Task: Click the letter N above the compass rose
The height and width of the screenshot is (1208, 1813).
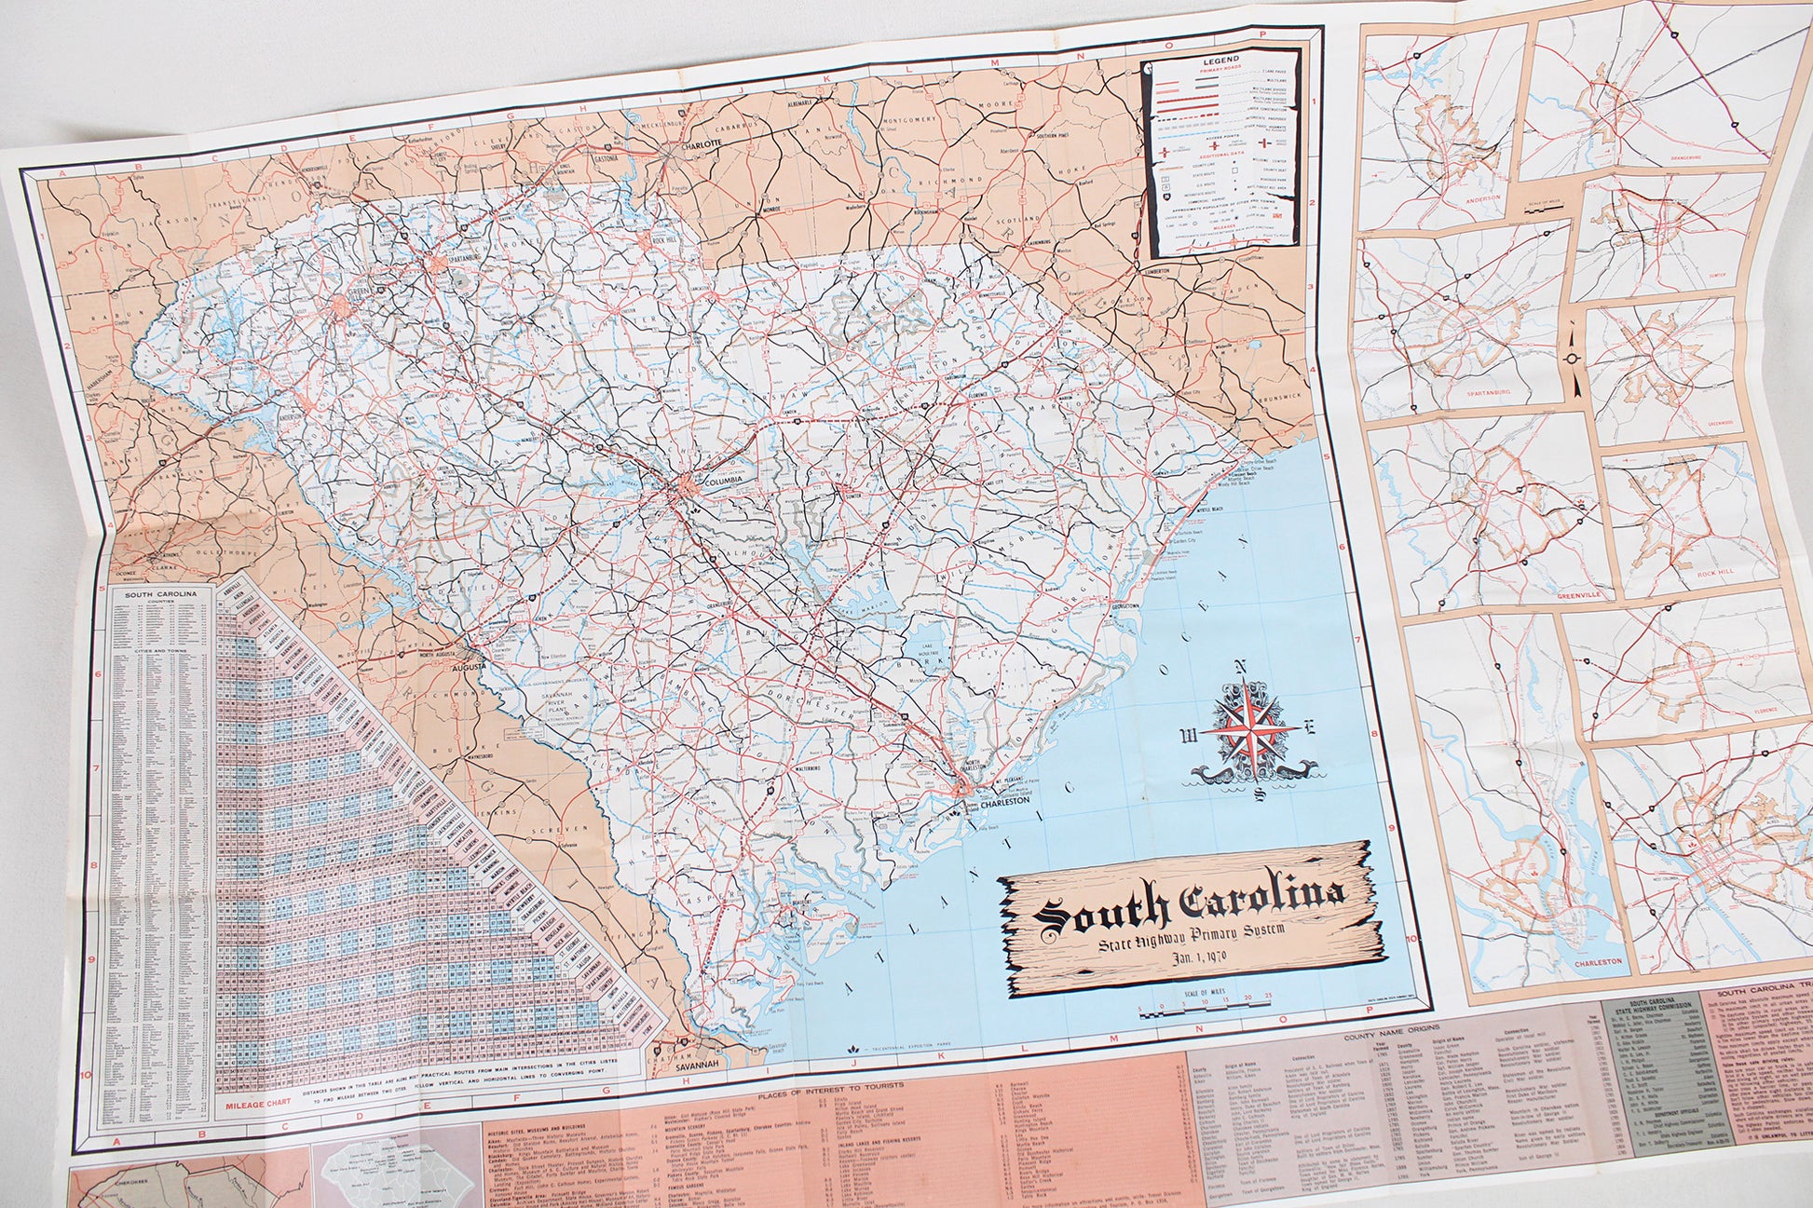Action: click(1240, 666)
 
